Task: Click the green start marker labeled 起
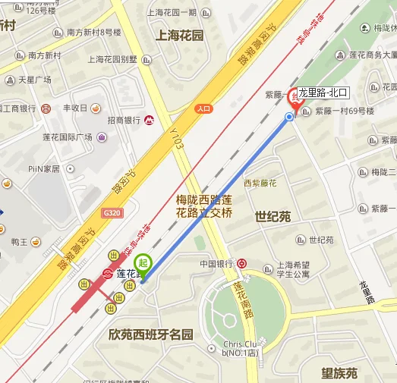[x=143, y=264]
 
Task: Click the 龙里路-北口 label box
[x=322, y=93]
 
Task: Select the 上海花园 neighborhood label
[x=179, y=36]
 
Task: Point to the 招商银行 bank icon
[x=150, y=120]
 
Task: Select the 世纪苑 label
[x=273, y=217]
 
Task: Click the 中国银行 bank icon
[x=241, y=264]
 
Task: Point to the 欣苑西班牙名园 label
[x=151, y=334]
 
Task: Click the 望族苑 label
[x=339, y=372]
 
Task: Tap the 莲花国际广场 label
[x=67, y=137]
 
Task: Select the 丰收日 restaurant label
[x=76, y=108]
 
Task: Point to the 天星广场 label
[x=35, y=80]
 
